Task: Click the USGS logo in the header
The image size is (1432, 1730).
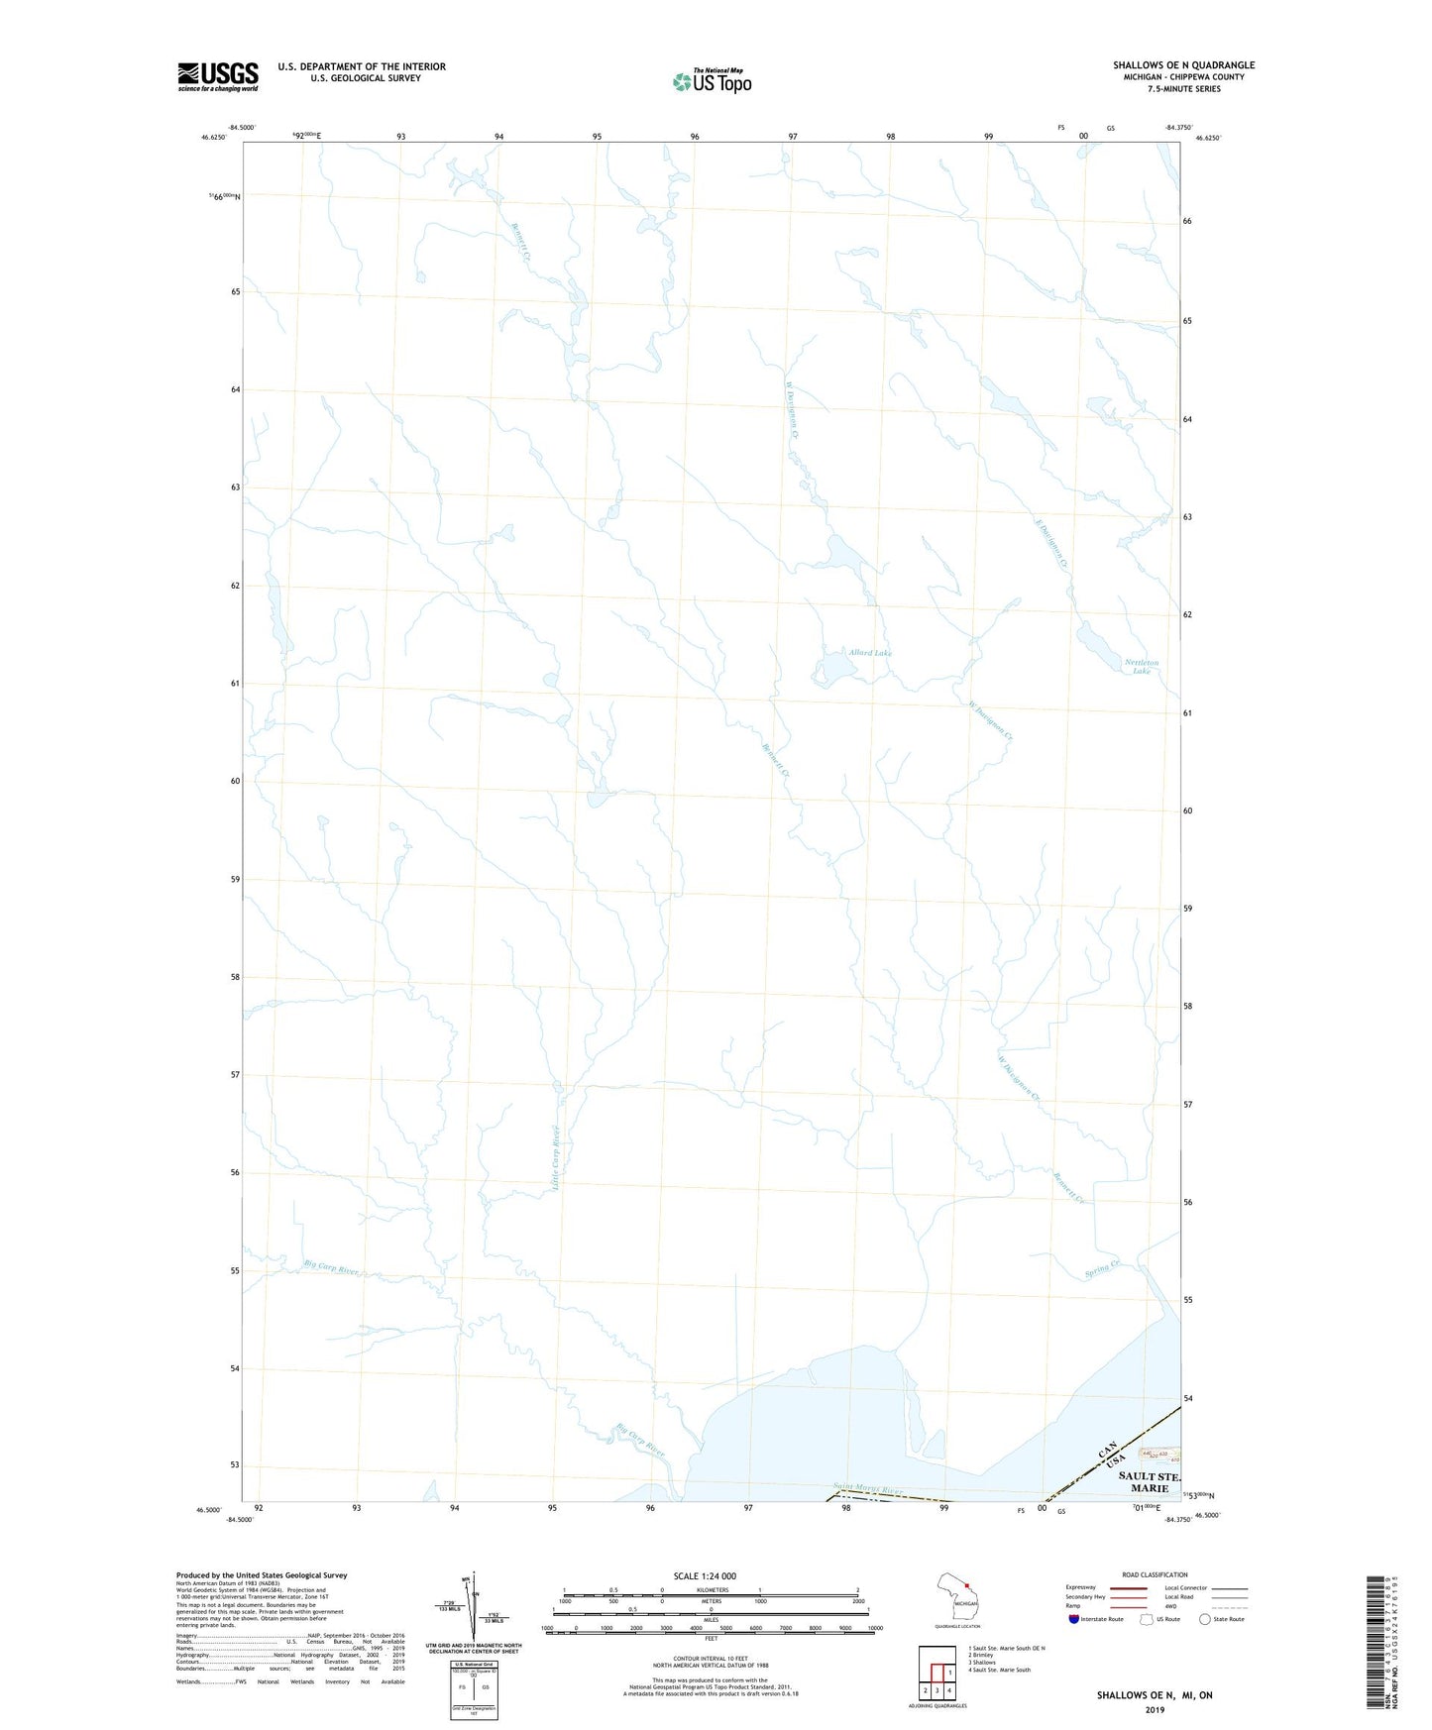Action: (x=217, y=76)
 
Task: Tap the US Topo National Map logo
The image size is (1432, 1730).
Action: (x=712, y=80)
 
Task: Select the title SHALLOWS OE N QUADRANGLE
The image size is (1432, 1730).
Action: (x=1183, y=65)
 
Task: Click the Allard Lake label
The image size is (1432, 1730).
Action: (x=869, y=653)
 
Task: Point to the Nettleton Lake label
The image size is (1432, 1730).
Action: (x=1141, y=667)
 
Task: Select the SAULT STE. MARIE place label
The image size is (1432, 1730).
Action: (x=1149, y=1482)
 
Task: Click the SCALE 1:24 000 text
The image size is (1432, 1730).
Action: (x=705, y=1576)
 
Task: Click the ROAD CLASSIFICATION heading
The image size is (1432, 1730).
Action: (x=1155, y=1574)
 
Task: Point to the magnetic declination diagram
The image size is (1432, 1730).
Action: (x=473, y=1609)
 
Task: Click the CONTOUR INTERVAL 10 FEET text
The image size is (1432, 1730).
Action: (x=711, y=1659)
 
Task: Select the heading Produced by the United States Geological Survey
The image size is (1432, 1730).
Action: (x=262, y=1574)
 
